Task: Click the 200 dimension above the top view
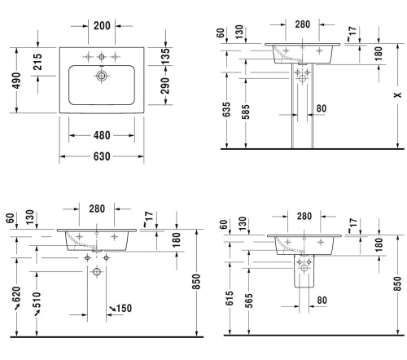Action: pos(102,26)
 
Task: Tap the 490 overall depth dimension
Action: pos(16,81)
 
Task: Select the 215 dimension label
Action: pos(37,62)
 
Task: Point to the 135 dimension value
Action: pos(165,56)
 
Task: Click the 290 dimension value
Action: pos(165,86)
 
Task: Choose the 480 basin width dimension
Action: pos(102,135)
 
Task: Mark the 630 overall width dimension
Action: pos(102,156)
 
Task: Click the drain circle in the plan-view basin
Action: pos(102,76)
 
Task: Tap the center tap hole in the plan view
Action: pos(102,57)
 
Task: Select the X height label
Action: pos(398,95)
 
